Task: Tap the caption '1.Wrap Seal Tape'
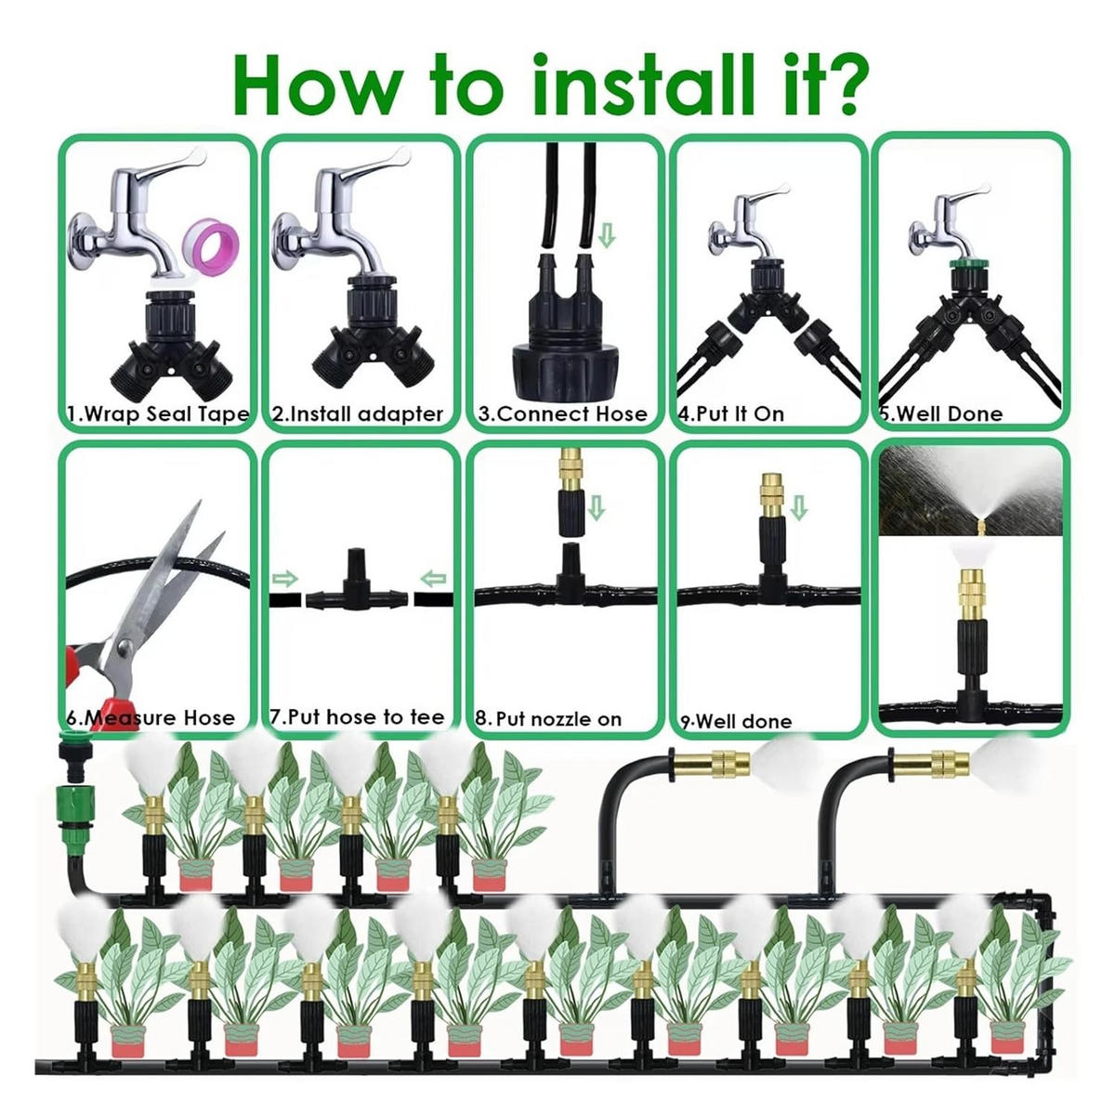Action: pos(158,413)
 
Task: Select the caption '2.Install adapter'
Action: pos(358,414)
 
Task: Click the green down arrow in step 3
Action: pos(607,237)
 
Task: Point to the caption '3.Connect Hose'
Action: pos(562,414)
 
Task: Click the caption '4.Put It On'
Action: pos(731,414)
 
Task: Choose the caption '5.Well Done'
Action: pos(942,414)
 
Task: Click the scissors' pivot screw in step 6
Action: pos(125,645)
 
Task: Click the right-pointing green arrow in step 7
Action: pos(284,578)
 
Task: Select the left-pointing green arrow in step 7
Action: pos(433,578)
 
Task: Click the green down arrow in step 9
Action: pos(798,507)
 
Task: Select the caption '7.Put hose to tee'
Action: pos(358,717)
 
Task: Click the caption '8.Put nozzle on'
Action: pos(548,719)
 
